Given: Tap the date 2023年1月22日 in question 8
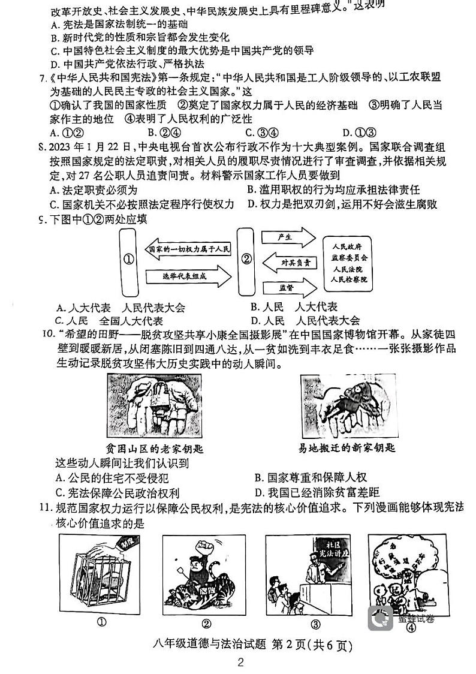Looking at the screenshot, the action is [91, 148].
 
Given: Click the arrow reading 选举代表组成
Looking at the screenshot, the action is [187, 276].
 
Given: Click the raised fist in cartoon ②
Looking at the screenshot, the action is [201, 546].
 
